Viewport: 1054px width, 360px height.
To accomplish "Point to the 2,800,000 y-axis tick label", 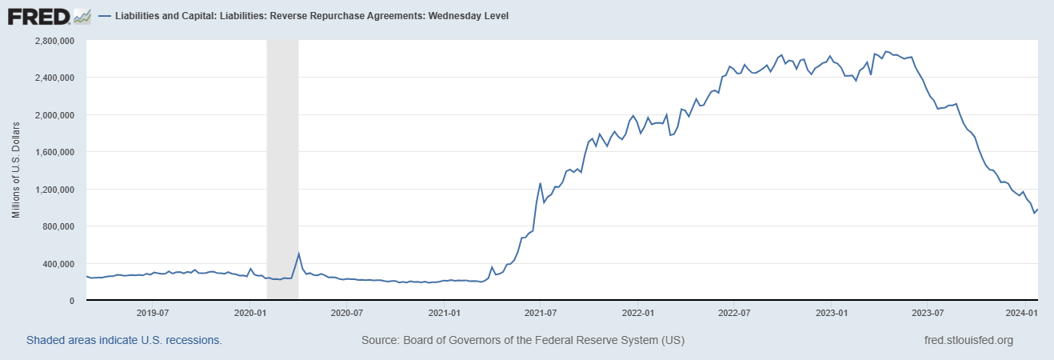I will click(54, 40).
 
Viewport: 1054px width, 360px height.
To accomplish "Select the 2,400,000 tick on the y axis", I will click(54, 78).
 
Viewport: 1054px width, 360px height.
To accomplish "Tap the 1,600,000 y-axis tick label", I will click(54, 152).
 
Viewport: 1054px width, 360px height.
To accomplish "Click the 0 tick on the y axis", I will click(73, 301).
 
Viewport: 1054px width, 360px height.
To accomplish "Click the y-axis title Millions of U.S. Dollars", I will click(16, 170).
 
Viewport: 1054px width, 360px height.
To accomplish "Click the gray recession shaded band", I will click(282, 160).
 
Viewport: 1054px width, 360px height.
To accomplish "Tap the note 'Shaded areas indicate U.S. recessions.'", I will click(124, 340).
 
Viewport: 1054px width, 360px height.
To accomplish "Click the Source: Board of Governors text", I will click(523, 340).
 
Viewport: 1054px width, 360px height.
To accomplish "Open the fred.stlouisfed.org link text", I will click(968, 340).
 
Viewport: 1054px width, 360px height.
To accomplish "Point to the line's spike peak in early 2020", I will click(298, 254).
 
